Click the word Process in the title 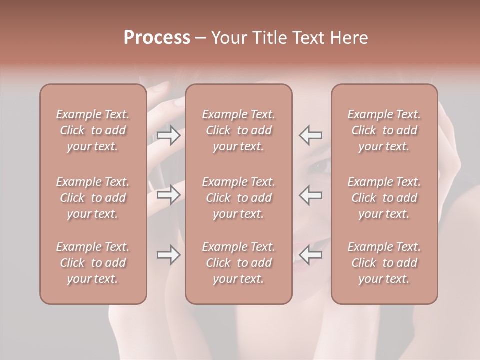[157, 38]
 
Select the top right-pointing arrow [169, 135]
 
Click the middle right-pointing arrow [169, 194]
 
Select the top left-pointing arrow [311, 135]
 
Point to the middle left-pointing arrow [311, 194]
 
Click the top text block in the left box [93, 130]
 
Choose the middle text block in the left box [93, 198]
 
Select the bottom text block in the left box [93, 263]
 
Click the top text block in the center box [238, 130]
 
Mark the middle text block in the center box [238, 198]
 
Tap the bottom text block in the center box [238, 263]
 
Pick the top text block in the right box [384, 130]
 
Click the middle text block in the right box [384, 198]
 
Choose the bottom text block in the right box [384, 263]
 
